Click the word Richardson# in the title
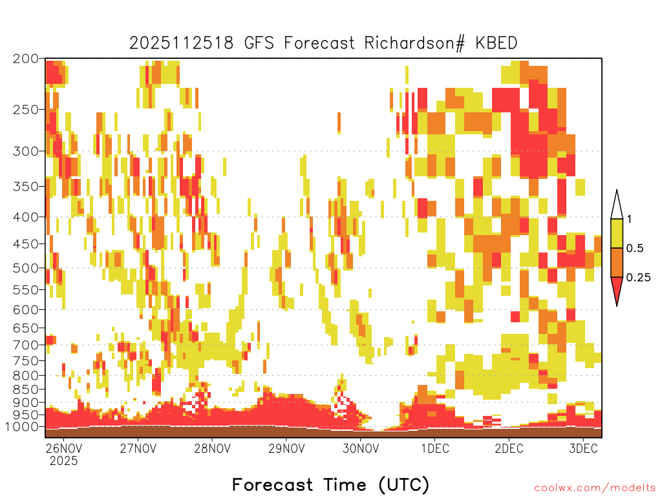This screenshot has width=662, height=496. (x=414, y=43)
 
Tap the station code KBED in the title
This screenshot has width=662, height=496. (x=496, y=43)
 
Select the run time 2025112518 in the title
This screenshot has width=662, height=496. (x=181, y=43)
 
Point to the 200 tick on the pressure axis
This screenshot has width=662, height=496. (x=26, y=59)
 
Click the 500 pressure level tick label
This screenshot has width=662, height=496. (x=26, y=268)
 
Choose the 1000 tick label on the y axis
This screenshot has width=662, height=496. (x=23, y=427)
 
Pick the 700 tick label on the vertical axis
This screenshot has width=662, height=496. (x=26, y=345)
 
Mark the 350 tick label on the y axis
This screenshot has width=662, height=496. (x=26, y=187)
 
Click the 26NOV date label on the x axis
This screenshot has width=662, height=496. (x=64, y=448)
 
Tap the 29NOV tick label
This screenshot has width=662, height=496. (x=286, y=448)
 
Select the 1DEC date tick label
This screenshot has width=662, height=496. (x=435, y=448)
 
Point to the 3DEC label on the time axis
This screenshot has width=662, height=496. (x=584, y=448)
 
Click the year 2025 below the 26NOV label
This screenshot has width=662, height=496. (x=64, y=461)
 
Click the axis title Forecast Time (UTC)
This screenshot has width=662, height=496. (x=330, y=484)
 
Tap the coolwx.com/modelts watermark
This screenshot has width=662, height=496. (x=595, y=488)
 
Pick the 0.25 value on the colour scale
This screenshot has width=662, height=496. (x=638, y=277)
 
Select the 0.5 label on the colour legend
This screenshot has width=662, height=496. (x=635, y=248)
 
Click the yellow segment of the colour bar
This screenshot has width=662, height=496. (x=617, y=233)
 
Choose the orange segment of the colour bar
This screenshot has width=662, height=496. (x=617, y=262)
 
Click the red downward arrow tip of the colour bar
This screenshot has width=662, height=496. (x=617, y=305)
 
